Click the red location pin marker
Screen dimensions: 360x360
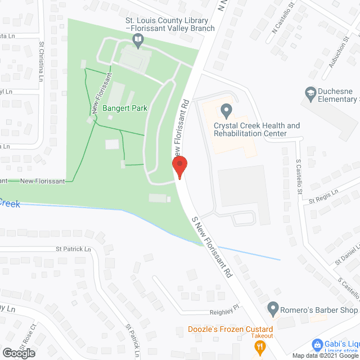coord(179,167)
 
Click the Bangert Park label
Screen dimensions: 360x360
coord(125,108)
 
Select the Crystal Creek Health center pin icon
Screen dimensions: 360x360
coord(226,109)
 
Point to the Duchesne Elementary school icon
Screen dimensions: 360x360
coord(309,92)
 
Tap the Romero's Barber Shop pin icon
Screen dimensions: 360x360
coord(273,309)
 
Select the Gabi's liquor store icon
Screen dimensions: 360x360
coord(317,344)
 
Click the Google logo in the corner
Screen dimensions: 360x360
coord(18,353)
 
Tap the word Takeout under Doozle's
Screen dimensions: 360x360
coord(262,336)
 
